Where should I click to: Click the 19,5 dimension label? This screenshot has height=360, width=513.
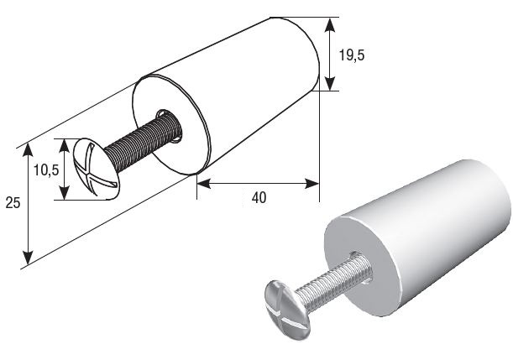(352, 55)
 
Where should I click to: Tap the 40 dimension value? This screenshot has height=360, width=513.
(259, 198)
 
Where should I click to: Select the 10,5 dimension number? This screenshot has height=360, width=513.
(46, 170)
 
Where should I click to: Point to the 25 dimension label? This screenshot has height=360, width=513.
(13, 203)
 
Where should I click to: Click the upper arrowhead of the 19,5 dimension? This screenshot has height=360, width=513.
(330, 25)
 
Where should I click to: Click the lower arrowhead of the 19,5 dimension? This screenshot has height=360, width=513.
(330, 83)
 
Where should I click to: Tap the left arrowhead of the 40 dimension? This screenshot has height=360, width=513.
(204, 184)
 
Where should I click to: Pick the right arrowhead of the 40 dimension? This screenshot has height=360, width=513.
(311, 184)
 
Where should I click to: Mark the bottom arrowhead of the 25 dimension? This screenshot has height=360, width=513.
(29, 258)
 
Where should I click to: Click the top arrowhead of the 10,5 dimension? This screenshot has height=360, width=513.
(65, 145)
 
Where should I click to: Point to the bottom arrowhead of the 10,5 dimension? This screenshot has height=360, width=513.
(65, 193)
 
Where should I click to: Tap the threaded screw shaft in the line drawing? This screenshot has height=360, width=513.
(144, 141)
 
